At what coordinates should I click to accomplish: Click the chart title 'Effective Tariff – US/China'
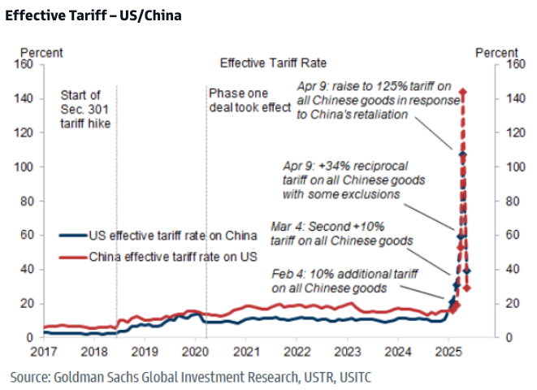pos(93,15)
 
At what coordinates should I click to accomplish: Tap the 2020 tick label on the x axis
pos(194,351)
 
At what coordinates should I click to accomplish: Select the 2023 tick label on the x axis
pos(348,351)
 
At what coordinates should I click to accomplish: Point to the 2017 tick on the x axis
pos(42,351)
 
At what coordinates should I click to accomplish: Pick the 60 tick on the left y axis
pos(26,235)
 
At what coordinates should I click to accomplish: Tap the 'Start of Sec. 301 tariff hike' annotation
pos(84,109)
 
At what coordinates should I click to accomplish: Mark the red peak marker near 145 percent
pos(462,92)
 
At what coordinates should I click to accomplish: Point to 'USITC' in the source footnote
pos(353,378)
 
